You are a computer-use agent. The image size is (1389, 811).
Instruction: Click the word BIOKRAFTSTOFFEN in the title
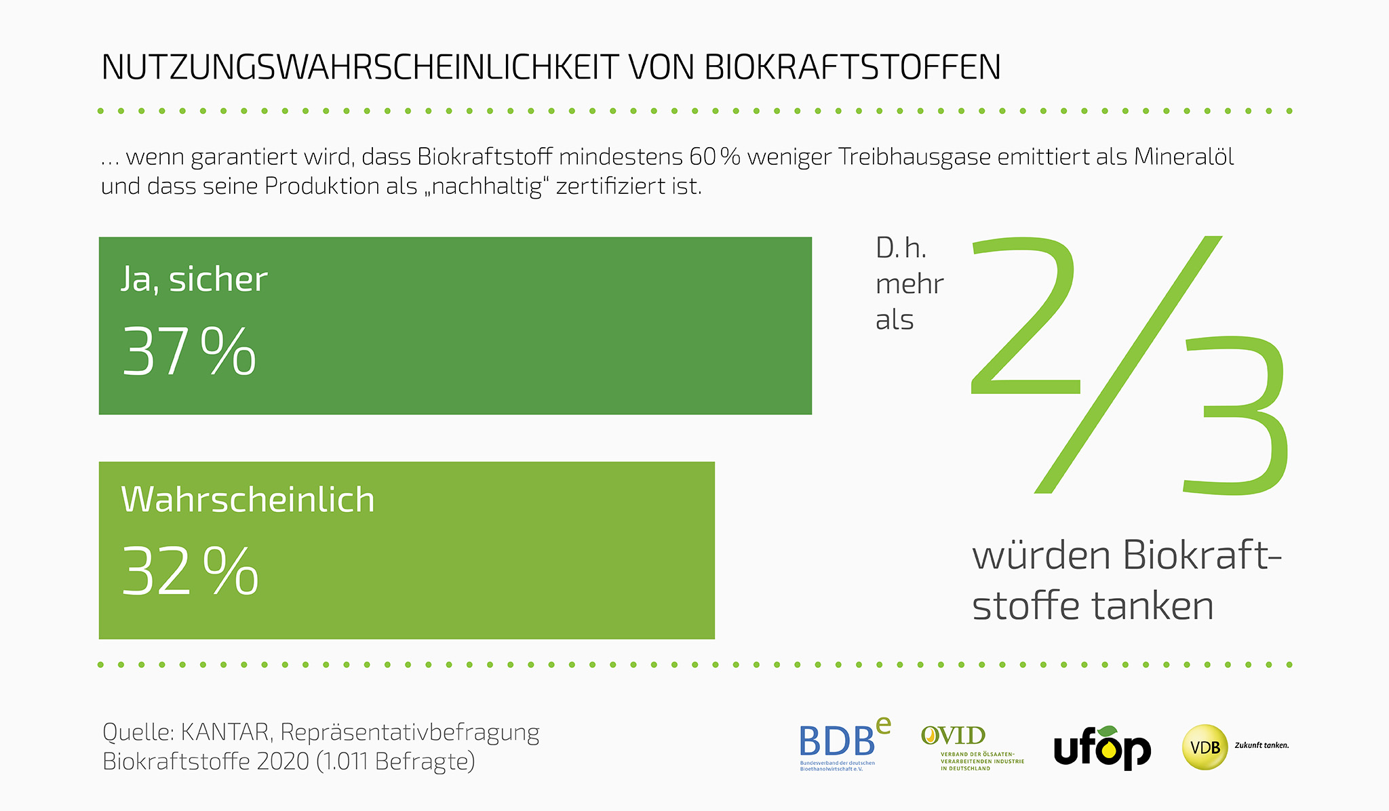[x=853, y=67]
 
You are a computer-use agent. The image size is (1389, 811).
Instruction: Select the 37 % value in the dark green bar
[x=189, y=351]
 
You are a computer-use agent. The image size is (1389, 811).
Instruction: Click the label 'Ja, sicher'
[x=194, y=279]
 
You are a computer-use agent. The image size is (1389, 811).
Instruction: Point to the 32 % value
[x=191, y=572]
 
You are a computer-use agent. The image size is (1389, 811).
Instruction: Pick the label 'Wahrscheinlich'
[x=248, y=500]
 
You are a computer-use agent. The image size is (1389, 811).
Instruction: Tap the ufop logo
[x=1102, y=749]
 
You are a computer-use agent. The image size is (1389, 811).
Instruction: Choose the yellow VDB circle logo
[x=1205, y=747]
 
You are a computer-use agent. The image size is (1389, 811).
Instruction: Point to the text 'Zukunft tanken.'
[x=1261, y=745]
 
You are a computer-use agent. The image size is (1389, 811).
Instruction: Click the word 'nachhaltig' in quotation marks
[x=486, y=186]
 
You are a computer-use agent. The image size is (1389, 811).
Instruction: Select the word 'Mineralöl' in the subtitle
[x=1183, y=157]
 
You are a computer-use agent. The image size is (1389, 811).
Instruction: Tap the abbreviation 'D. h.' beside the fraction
[x=901, y=248]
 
